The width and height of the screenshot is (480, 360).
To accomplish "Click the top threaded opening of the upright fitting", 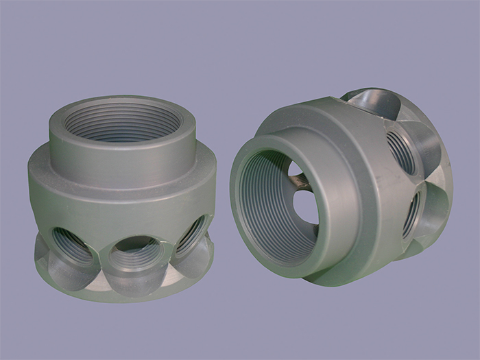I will coord(122,123).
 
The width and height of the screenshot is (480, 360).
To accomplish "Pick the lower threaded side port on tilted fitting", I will coord(412,213).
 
